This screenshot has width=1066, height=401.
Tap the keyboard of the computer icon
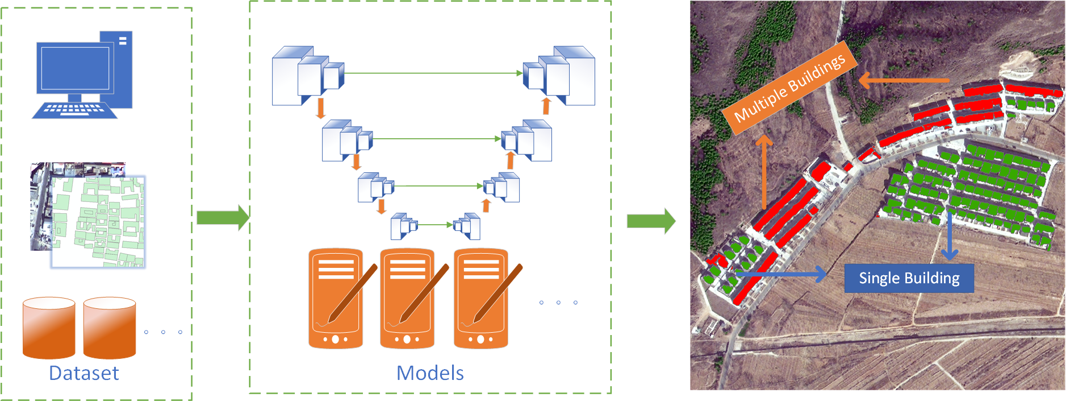click(74, 110)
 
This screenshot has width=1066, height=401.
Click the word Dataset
click(84, 373)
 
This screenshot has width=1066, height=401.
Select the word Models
click(430, 373)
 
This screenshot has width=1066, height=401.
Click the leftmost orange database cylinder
click(49, 328)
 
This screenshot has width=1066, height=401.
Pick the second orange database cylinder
click(109, 328)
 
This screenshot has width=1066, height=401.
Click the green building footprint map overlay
click(98, 222)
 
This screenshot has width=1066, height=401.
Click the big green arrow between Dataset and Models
click(222, 217)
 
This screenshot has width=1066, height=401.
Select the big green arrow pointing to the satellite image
click(651, 221)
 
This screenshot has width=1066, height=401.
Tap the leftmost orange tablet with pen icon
click(336, 299)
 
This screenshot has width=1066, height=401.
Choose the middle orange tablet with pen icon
click(407, 299)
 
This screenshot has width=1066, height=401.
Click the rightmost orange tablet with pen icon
click(480, 299)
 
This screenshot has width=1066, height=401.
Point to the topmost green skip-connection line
click(432, 73)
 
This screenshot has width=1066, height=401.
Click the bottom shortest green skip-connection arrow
click(435, 225)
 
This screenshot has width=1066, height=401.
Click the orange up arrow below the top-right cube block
click(546, 106)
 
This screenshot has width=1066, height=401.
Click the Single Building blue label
click(909, 278)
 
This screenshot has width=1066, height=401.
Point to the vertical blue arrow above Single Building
click(950, 235)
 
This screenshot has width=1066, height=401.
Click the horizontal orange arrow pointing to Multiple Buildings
click(904, 80)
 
